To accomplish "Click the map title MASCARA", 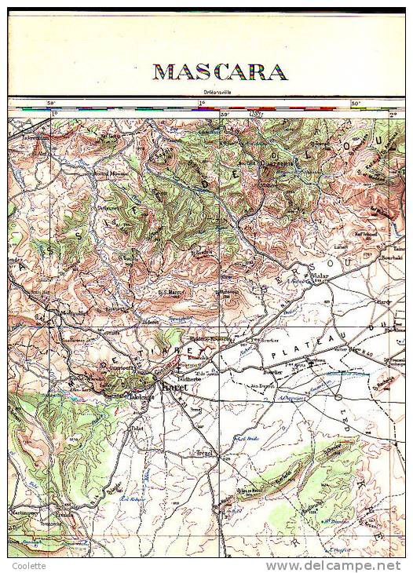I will point(219,72).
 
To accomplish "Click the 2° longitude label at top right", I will point(393,115).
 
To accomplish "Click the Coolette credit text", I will point(28,566).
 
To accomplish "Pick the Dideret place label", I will point(150,321).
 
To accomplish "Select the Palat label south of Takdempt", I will point(138,429).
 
